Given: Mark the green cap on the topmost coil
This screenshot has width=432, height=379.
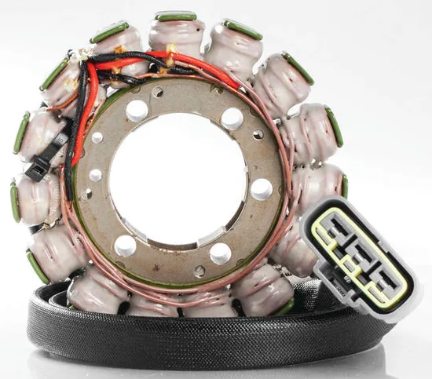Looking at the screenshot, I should [176, 16].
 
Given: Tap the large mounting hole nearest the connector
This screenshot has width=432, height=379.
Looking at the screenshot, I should [261, 189].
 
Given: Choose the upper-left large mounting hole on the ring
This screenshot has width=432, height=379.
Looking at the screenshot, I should [137, 111].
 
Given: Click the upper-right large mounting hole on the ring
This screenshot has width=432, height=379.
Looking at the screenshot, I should [232, 118].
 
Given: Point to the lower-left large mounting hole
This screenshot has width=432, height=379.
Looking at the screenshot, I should [125, 246].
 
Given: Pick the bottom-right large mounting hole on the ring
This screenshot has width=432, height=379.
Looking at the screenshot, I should [221, 253].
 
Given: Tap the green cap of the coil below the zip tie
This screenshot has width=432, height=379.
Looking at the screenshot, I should [13, 201].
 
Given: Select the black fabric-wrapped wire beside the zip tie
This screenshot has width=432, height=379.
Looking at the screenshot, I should [70, 157].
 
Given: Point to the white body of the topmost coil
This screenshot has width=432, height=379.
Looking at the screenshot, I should [176, 36].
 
